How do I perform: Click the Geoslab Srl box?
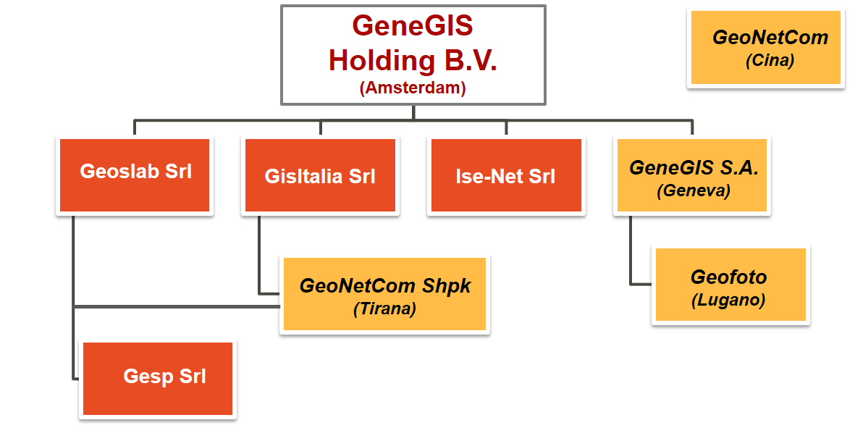(135, 175)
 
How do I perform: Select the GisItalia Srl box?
(320, 175)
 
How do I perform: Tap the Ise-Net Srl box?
(506, 175)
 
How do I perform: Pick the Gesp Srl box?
(158, 378)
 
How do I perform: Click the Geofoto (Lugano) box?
(730, 285)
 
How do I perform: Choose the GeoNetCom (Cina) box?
(765, 47)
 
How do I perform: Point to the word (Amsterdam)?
(413, 87)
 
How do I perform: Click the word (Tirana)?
(385, 309)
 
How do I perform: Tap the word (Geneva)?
(694, 190)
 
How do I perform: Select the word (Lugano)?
(728, 300)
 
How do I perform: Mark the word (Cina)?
(770, 60)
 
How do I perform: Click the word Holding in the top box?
(382, 60)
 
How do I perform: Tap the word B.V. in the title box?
(471, 60)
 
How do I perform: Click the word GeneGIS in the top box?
(413, 25)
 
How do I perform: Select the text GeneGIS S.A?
(694, 167)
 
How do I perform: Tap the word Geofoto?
(728, 277)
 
